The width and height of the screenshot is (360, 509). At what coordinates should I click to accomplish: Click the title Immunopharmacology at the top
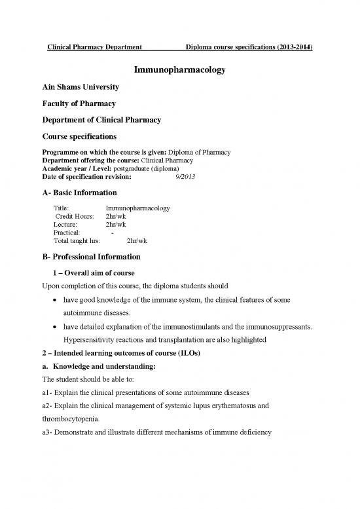click(180, 69)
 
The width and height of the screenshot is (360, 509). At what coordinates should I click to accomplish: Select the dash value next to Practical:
click(113, 233)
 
